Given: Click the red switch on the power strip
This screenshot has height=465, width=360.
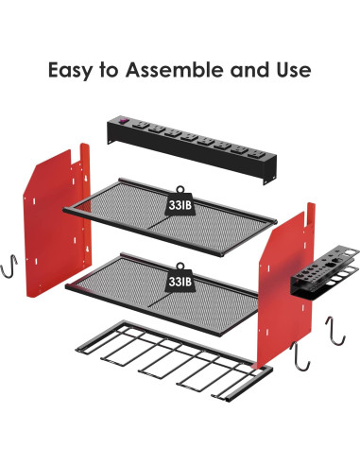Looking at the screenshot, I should tap(122, 121).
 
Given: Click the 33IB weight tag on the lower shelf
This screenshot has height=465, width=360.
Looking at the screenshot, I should tap(180, 281).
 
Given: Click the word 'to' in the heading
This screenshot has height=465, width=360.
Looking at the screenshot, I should tap(115, 71).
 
